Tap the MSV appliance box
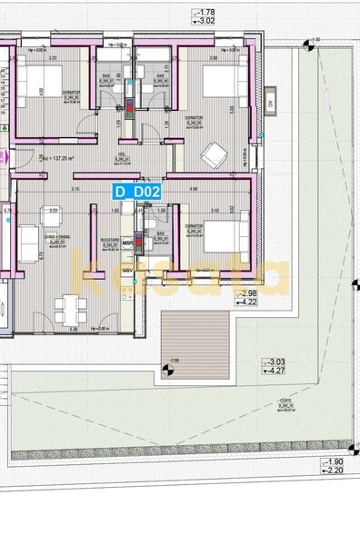coord(128,270)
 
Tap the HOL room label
coord(121,156)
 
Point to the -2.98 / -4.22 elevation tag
coord(247,298)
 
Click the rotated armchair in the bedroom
coord(214,155)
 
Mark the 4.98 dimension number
coord(194,189)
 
